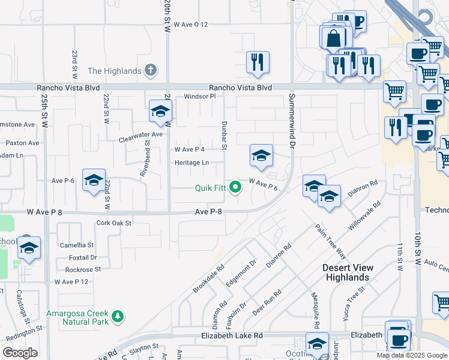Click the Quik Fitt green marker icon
236,187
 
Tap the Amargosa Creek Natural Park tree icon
118,316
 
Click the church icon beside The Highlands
151,71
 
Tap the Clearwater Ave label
141,134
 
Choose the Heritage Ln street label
191,163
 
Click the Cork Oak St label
113,223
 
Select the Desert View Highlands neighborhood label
348,272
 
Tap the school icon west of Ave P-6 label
94,181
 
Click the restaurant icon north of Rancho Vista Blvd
258,61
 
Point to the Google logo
20,352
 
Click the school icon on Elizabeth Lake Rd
317,344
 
